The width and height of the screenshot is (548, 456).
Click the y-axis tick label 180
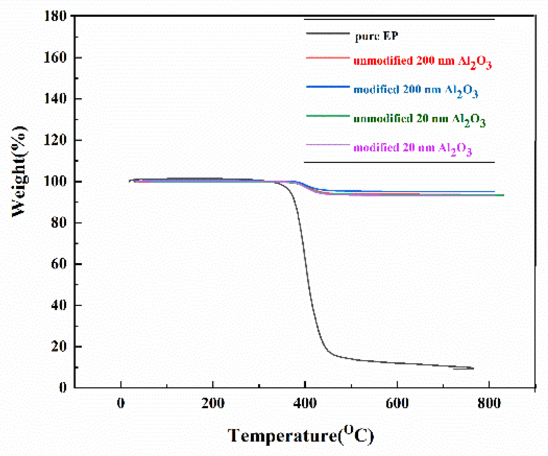(56, 16)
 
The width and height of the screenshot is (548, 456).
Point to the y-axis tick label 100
(56, 181)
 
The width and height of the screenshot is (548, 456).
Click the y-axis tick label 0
(63, 387)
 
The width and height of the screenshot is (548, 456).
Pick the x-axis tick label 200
(213, 403)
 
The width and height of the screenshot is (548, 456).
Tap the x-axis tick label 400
(305, 403)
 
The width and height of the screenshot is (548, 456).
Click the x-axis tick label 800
(489, 403)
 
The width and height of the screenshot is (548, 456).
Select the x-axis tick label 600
(397, 403)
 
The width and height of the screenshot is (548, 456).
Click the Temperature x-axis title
(301, 435)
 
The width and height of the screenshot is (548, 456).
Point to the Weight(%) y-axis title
(19, 171)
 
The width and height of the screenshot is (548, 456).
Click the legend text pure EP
(377, 36)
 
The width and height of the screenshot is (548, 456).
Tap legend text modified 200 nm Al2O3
(415, 91)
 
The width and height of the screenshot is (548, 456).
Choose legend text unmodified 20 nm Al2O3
(419, 120)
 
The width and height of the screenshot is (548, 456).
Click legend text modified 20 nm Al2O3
(412, 149)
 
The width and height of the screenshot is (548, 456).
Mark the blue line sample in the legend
(328, 87)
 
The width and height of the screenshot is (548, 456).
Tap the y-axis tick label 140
(56, 99)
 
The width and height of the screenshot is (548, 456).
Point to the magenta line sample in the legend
(328, 145)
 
